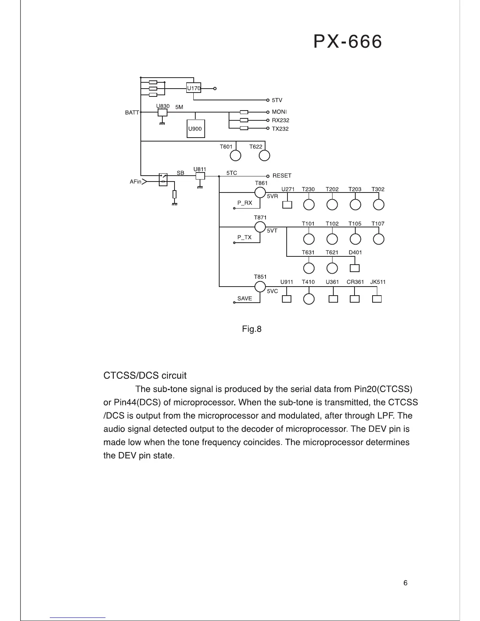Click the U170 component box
point(193,88)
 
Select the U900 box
point(196,129)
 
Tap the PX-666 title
point(347,42)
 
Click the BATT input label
point(132,113)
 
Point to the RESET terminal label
point(282,176)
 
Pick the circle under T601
point(235,156)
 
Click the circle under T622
point(265,156)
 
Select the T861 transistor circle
point(260,192)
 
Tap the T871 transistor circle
point(260,227)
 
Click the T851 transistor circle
point(260,287)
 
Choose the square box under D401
point(355,268)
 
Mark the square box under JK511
point(377,299)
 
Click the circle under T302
point(378,205)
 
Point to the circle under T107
point(378,239)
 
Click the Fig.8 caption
point(252,329)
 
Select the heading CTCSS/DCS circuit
point(145,376)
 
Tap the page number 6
point(405,583)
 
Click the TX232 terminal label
point(280,129)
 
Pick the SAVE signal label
point(245,298)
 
